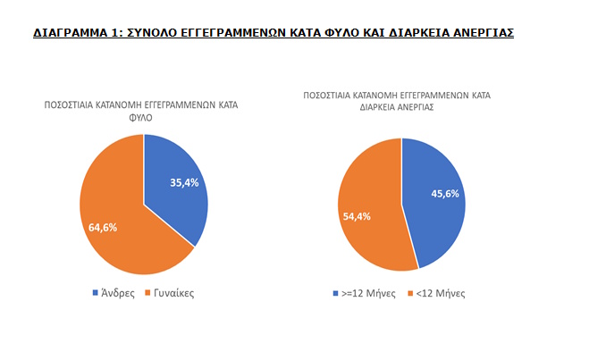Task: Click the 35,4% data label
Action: coord(186,182)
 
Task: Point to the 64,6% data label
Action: coord(103,227)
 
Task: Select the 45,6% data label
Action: coord(446,193)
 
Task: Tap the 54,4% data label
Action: coord(357,215)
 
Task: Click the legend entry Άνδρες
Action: coord(117,293)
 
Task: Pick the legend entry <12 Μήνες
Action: coord(441,293)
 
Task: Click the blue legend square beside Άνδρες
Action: coord(96,293)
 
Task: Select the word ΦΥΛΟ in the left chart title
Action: coord(144,116)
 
